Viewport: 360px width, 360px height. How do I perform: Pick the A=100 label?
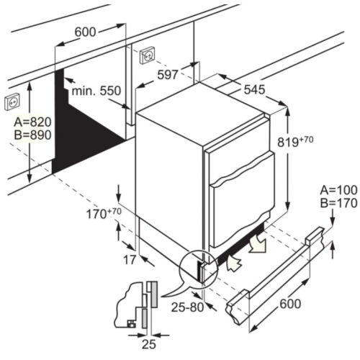pyautogui.click(x=338, y=189)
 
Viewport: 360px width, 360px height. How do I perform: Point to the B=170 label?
pyautogui.click(x=338, y=203)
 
